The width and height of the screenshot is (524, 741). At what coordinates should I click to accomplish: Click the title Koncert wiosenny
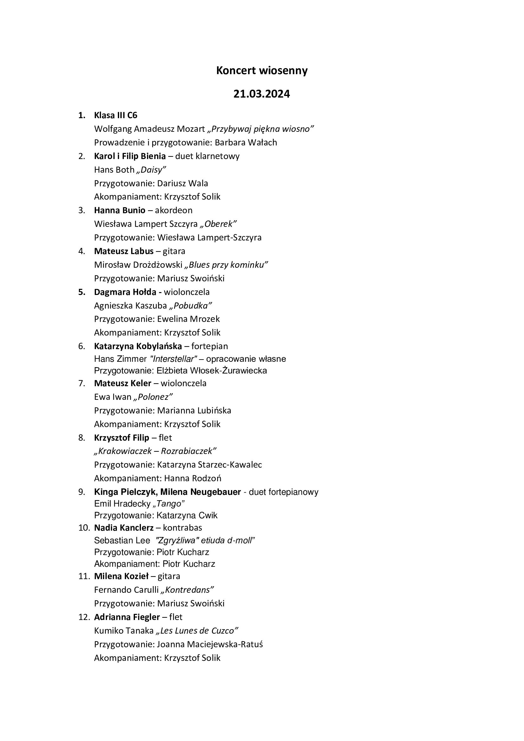262,71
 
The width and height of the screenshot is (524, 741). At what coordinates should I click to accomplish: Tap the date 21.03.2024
262,94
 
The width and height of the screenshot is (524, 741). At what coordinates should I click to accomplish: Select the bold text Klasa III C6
116,115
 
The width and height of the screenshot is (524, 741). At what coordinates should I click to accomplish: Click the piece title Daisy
151,170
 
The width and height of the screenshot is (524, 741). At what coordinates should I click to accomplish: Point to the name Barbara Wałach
246,143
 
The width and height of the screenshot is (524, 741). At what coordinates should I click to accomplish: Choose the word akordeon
174,210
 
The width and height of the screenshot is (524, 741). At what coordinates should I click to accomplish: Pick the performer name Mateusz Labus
124,251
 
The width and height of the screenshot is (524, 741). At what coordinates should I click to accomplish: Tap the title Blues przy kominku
226,265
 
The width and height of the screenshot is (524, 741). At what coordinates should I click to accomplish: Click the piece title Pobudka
191,306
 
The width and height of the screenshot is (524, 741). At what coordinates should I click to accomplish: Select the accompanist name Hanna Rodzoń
193,478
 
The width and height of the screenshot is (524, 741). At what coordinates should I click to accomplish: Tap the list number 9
82,492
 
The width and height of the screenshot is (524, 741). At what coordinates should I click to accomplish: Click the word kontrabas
182,528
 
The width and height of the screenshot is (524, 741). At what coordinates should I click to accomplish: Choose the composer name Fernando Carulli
126,590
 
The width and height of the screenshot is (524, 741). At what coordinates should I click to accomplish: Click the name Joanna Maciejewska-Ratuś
210,644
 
